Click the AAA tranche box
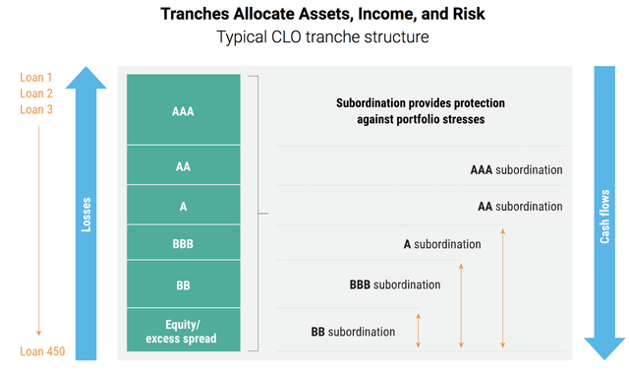tap(183, 110)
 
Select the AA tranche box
tap(183, 165)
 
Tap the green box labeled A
tap(183, 205)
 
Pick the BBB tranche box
tap(183, 242)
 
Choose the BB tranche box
tap(183, 283)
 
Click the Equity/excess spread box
tap(183, 331)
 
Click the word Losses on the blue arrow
tap(86, 218)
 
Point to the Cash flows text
tap(605, 218)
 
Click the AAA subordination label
tap(516, 169)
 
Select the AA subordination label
tap(520, 207)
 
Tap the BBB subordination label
tap(395, 284)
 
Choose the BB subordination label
tap(353, 332)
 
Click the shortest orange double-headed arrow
tap(419, 331)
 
